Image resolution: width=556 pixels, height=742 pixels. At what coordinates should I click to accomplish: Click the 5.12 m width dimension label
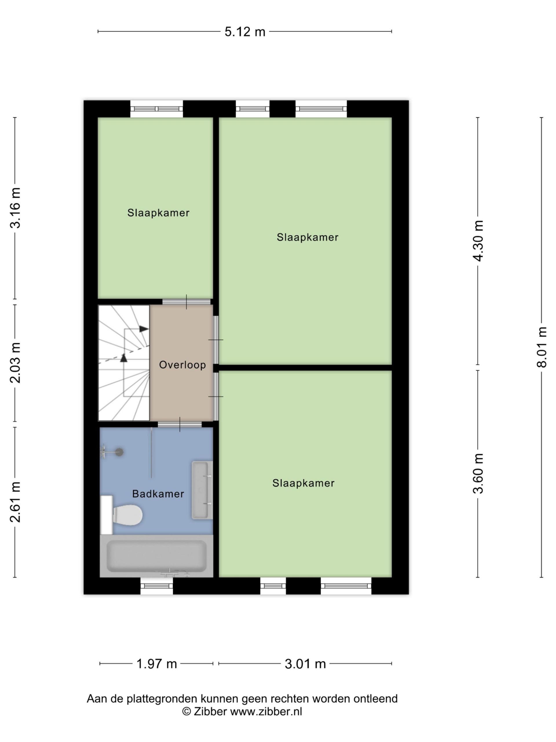point(245,32)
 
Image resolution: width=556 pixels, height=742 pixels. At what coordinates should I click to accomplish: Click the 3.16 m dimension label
point(15,208)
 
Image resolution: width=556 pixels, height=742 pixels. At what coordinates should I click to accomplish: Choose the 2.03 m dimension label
point(15,363)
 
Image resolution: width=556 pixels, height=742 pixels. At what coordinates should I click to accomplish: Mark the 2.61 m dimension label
point(15,502)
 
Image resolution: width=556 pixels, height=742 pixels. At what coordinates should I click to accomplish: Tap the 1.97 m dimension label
point(156,663)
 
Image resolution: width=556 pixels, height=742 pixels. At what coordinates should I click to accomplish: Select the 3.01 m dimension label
point(305,663)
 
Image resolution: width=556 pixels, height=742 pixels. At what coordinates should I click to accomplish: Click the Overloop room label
point(182,365)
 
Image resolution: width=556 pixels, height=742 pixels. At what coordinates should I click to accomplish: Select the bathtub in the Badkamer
point(156,556)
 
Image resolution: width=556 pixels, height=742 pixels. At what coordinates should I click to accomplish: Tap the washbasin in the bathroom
point(202,490)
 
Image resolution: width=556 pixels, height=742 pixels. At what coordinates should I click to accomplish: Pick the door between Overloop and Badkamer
point(180,424)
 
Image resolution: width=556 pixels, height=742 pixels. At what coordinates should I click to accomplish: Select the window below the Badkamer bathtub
point(156,586)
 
